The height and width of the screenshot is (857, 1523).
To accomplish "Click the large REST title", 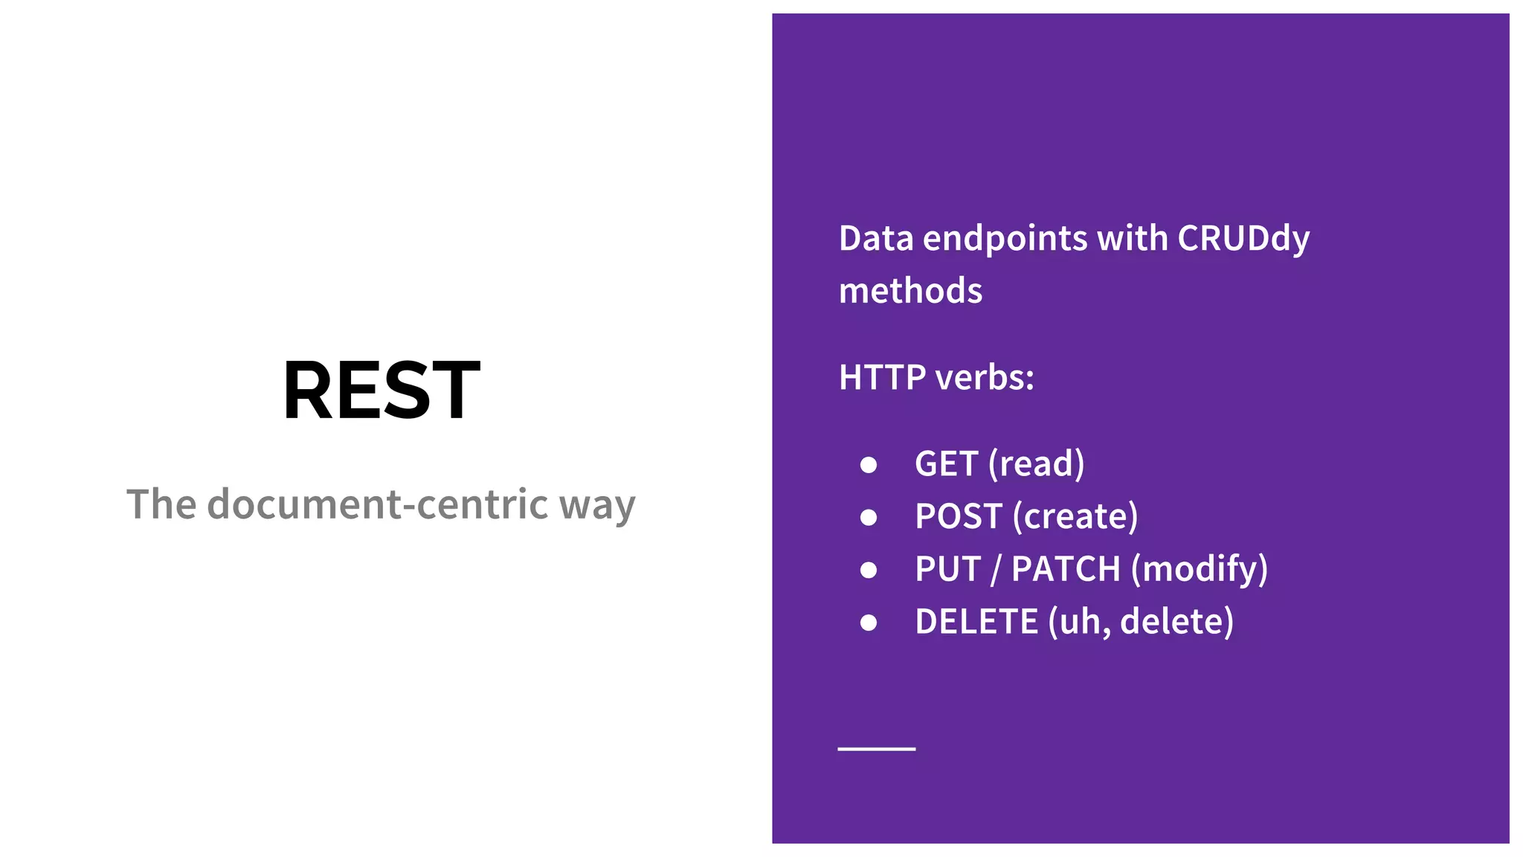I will [x=381, y=391].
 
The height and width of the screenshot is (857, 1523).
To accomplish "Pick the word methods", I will [x=910, y=291].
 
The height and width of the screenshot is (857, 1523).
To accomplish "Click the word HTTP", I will [x=882, y=378].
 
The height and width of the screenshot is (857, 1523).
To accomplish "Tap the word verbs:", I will [x=985, y=378].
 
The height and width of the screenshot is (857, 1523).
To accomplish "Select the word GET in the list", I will [x=946, y=464].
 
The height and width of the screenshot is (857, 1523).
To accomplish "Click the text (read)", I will [x=1036, y=464].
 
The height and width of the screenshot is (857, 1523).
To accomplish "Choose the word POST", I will [x=959, y=517].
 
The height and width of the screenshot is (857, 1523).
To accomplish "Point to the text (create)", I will [x=1075, y=517].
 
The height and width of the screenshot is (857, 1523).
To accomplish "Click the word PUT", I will [x=947, y=570].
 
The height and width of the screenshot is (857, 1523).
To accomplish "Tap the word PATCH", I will [x=1066, y=570].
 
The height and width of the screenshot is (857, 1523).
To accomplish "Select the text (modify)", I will [x=1199, y=570].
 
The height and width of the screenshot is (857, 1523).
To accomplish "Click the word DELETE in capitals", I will [x=976, y=622].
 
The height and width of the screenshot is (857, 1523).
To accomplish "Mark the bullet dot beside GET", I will [x=868, y=465].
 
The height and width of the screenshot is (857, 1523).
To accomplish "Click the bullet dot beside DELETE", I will [x=868, y=623].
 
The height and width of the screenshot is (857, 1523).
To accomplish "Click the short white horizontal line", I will [x=876, y=748].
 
